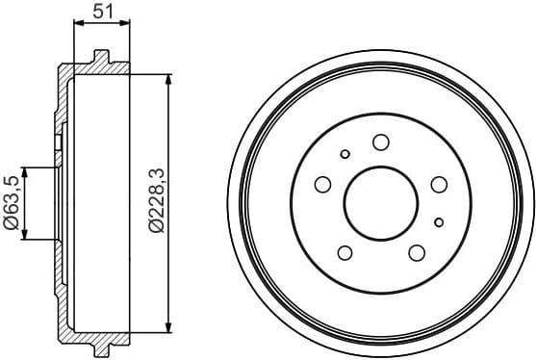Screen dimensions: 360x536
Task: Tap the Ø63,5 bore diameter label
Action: (x=11, y=202)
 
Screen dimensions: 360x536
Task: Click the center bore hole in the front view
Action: (x=380, y=203)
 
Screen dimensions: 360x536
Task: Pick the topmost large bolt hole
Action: (x=380, y=142)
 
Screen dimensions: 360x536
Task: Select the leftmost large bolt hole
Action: (x=322, y=184)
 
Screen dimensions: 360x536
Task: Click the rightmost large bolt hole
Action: (x=439, y=184)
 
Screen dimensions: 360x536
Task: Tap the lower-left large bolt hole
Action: (x=345, y=252)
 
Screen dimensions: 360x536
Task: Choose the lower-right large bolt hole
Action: (x=417, y=252)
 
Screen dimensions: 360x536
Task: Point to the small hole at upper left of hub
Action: (x=345, y=153)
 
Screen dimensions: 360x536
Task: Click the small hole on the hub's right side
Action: (x=438, y=222)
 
